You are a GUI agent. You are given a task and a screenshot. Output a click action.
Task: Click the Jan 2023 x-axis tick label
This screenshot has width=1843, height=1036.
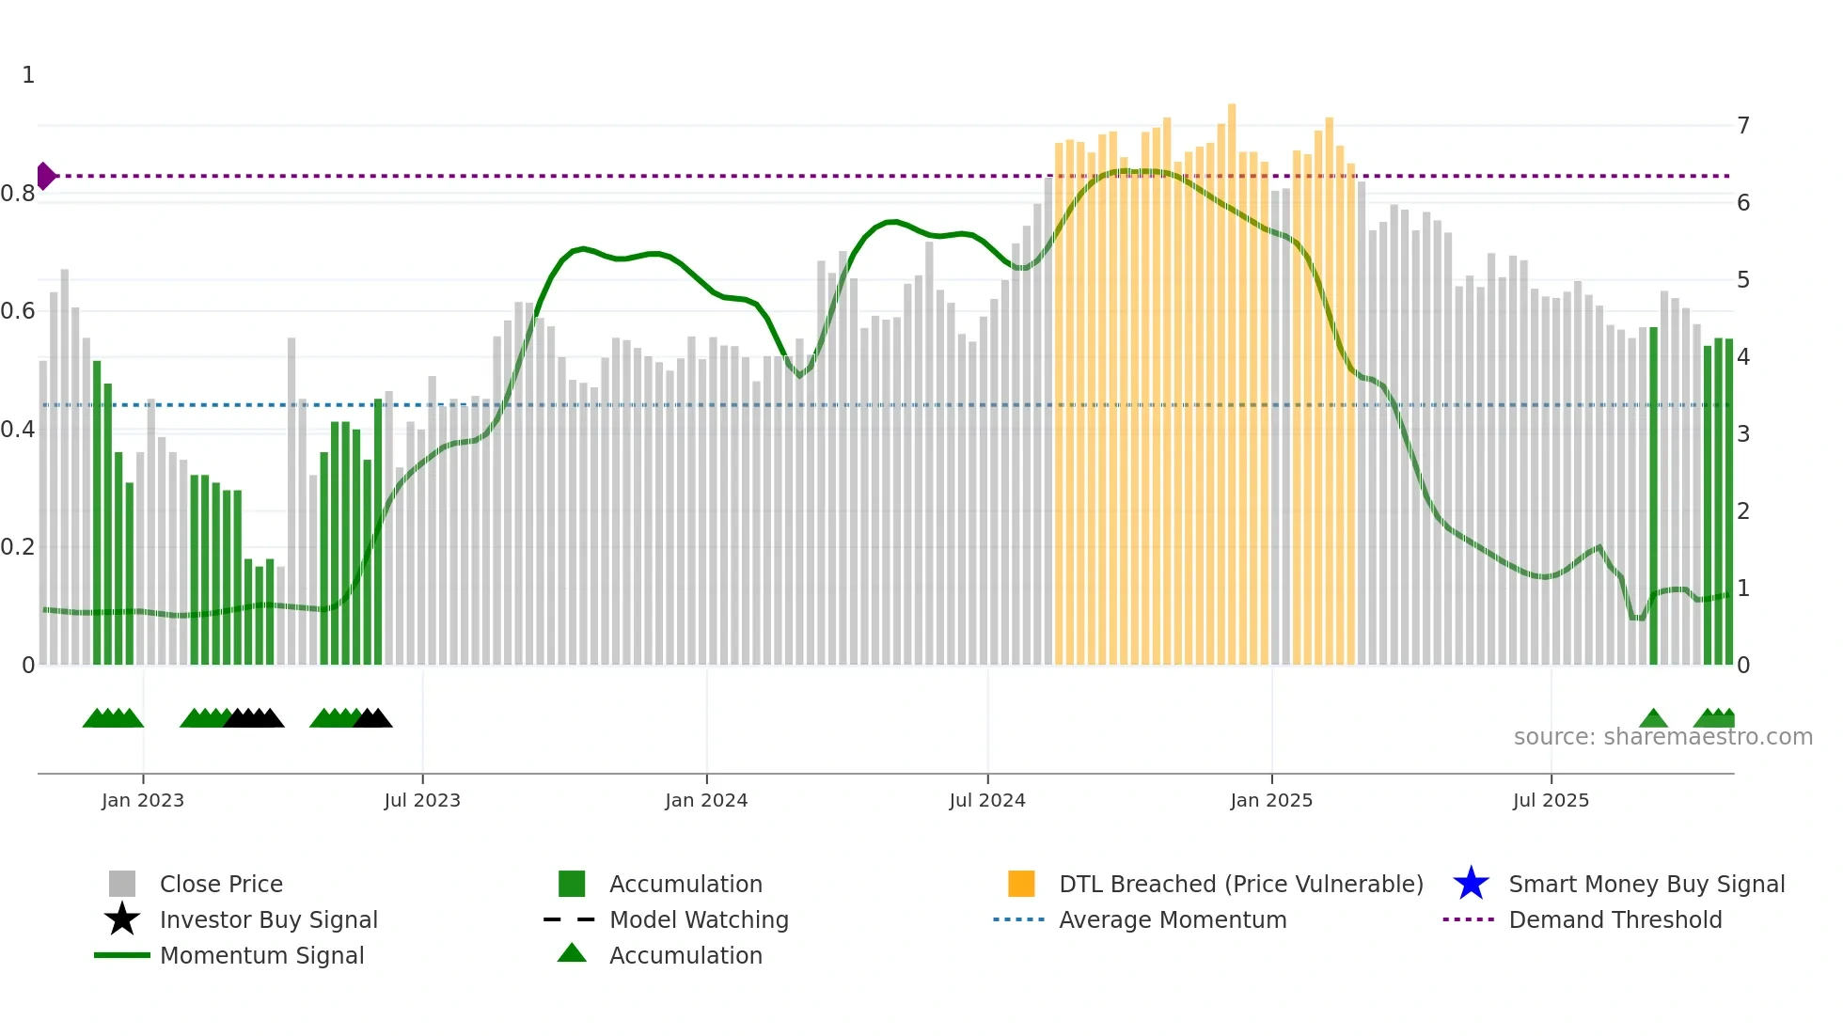point(143,800)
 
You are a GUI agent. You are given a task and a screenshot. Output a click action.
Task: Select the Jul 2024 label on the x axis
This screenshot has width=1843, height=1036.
point(987,800)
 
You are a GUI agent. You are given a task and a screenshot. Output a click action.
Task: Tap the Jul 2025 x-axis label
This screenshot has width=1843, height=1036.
point(1551,800)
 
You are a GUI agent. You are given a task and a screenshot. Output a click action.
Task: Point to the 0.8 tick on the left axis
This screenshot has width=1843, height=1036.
point(18,194)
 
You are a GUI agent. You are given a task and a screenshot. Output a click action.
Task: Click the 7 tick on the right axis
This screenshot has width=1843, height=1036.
point(1743,125)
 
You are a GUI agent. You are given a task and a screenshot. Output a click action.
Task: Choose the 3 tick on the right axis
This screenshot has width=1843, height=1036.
point(1743,434)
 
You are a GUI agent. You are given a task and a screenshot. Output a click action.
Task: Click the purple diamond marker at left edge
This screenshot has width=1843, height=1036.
point(45,176)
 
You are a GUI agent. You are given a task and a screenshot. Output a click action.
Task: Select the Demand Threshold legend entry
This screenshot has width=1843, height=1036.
point(1615,919)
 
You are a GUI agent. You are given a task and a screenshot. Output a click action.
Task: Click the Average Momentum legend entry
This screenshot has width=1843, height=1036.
point(1172,919)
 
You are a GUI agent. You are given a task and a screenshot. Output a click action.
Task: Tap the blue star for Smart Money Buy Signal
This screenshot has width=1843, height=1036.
point(1471,884)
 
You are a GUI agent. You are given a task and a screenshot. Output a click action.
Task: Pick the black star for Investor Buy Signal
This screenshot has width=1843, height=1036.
point(122,919)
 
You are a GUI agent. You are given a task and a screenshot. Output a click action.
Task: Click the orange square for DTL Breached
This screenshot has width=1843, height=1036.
point(1021,884)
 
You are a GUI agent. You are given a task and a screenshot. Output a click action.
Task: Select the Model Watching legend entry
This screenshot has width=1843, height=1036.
point(698,919)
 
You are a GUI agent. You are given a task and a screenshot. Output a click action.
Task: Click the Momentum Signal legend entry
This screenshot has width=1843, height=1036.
point(261,955)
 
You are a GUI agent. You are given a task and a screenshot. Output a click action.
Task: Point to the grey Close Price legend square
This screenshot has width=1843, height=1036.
point(122,884)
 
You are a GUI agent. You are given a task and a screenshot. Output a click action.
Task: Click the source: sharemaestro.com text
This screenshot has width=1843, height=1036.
point(1662,737)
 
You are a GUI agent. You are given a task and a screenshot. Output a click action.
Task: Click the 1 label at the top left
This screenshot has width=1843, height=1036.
point(28,75)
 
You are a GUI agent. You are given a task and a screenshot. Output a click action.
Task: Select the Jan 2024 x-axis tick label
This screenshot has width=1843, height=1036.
point(706,800)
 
